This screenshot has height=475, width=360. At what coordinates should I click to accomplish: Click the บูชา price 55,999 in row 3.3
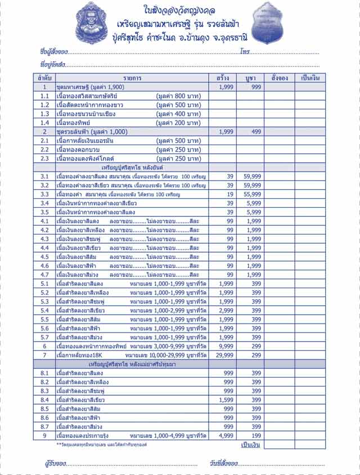(x=253, y=194)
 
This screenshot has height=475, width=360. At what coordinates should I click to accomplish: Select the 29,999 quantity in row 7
(x=225, y=355)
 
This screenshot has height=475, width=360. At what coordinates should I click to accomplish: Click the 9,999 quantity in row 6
(x=226, y=346)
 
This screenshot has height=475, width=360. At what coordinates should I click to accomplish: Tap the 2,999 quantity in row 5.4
(x=226, y=310)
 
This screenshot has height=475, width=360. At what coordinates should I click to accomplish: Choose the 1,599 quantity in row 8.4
(x=226, y=400)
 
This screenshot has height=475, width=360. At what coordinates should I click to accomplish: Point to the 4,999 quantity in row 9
(x=226, y=436)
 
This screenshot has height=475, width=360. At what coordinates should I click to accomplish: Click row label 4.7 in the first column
(x=44, y=275)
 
